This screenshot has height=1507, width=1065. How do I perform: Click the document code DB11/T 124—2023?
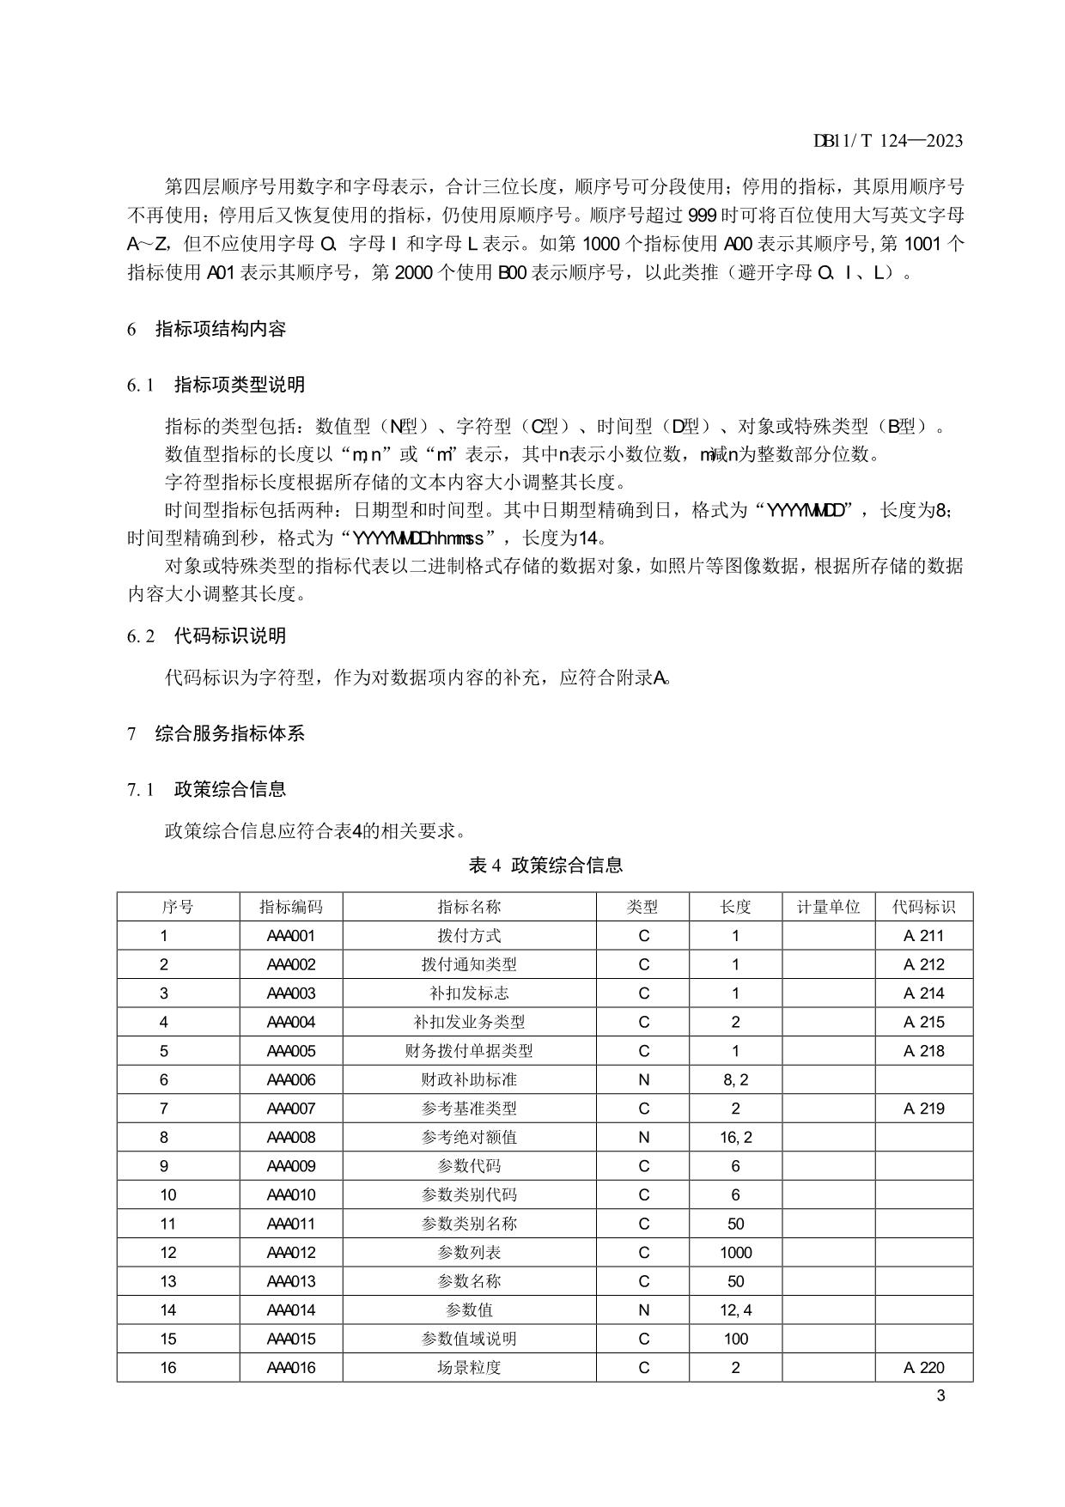888,141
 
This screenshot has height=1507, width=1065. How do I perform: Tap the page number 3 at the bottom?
940,1395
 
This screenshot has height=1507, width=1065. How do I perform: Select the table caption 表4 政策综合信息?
545,865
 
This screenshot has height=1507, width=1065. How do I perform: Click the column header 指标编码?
291,907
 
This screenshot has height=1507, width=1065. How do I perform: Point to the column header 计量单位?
828,907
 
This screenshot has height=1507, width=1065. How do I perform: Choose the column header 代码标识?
923,907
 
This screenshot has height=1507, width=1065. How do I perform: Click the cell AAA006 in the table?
291,1079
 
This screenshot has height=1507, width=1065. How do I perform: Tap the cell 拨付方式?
469,936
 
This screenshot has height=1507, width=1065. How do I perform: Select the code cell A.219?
923,1109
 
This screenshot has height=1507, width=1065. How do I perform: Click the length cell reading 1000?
735,1252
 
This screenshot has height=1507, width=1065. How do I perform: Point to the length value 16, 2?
735,1137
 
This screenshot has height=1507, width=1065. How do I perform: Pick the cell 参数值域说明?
469,1339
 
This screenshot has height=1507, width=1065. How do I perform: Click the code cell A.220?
923,1367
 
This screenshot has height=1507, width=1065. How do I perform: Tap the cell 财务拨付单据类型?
469,1051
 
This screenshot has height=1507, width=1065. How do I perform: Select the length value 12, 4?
735,1310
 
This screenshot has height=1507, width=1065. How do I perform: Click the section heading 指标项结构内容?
220,329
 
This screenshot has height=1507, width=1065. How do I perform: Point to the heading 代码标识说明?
229,636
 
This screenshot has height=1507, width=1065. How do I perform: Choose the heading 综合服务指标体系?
229,733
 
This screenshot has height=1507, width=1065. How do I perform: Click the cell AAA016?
291,1367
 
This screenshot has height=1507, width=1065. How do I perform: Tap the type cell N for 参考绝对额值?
643,1137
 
